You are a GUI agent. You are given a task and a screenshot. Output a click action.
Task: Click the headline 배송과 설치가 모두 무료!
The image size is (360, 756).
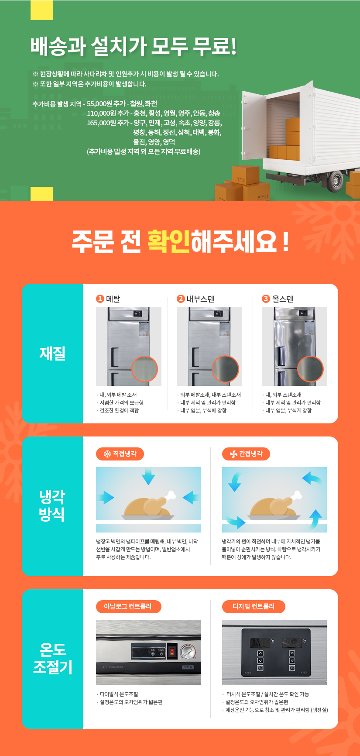(134, 46)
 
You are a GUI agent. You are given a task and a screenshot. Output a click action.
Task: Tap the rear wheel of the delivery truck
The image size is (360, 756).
(336, 180)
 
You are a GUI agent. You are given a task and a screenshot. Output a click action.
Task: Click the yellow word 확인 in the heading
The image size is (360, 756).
(168, 241)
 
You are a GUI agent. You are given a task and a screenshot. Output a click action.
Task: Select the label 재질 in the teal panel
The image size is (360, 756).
(52, 353)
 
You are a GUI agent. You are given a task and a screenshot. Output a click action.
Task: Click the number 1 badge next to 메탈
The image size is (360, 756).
(100, 299)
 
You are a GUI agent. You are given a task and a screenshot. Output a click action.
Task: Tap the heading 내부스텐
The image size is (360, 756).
(200, 299)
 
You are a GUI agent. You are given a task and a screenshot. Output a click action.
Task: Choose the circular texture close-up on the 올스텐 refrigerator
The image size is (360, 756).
(310, 369)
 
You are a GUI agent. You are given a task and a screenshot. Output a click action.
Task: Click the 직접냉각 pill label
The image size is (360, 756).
(120, 454)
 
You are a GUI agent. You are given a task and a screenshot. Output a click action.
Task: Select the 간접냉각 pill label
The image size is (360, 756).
(246, 454)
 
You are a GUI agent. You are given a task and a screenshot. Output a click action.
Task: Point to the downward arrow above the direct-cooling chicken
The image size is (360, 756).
(148, 476)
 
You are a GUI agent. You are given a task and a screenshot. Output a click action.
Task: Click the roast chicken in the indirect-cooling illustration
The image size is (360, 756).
(275, 506)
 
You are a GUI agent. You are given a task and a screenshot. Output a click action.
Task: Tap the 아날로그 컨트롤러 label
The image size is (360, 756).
(128, 606)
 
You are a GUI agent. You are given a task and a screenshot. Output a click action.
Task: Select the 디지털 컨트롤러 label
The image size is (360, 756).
(254, 606)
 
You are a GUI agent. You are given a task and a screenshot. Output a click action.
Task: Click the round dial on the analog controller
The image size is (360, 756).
(188, 651)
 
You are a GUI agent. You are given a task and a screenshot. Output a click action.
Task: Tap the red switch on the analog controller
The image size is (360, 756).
(172, 652)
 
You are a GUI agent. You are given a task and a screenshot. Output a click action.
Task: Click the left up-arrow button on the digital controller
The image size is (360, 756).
(261, 653)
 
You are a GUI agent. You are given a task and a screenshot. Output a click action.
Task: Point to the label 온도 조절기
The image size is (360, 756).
(52, 658)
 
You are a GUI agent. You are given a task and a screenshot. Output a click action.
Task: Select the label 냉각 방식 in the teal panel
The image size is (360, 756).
(52, 505)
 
